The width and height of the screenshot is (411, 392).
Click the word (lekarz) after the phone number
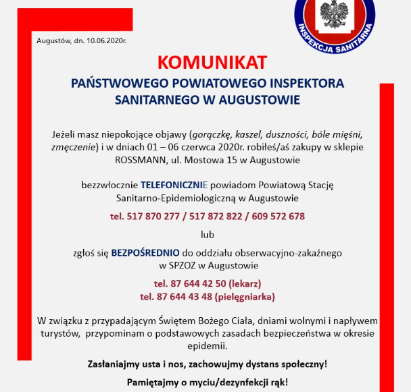245,283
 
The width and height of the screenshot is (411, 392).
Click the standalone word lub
207,234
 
